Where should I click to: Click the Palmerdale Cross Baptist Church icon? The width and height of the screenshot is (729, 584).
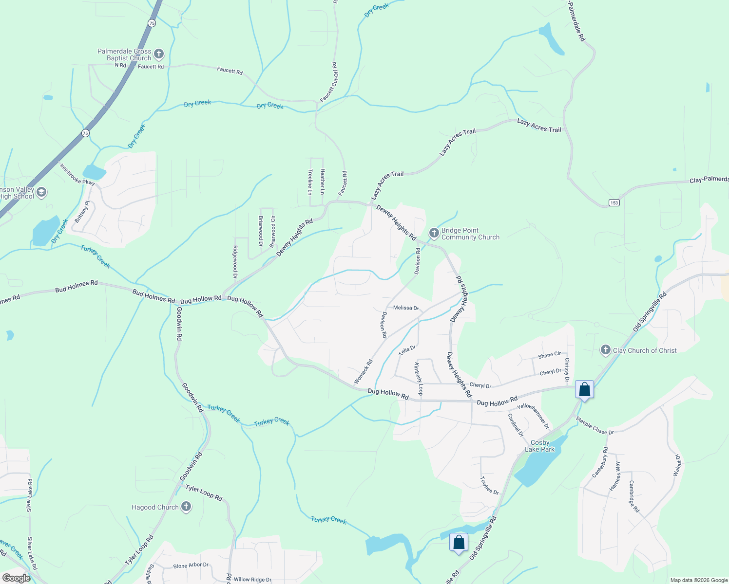158,54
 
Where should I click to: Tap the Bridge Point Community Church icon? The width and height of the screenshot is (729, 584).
434,233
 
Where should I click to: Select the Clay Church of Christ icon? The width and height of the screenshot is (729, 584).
605,350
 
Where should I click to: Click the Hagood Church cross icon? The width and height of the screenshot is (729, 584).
186,507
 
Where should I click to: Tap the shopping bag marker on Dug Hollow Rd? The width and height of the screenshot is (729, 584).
584,390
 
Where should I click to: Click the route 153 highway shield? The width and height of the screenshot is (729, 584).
614,202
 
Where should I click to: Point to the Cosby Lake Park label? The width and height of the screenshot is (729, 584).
540,446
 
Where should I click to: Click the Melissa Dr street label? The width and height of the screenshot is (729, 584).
406,308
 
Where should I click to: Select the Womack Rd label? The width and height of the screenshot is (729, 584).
364,371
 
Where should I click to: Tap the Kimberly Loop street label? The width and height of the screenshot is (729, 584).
418,379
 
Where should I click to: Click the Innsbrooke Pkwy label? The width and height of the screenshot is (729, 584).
77,173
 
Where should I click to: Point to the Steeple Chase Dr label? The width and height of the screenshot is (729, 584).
595,425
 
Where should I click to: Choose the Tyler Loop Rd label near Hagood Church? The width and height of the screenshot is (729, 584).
204,493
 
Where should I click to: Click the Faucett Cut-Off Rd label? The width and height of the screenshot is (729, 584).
329,82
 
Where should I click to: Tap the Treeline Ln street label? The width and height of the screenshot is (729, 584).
310,182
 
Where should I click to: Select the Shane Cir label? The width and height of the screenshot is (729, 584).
549,355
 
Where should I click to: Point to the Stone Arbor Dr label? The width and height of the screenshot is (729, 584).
191,566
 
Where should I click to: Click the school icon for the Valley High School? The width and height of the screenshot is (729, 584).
41,192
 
